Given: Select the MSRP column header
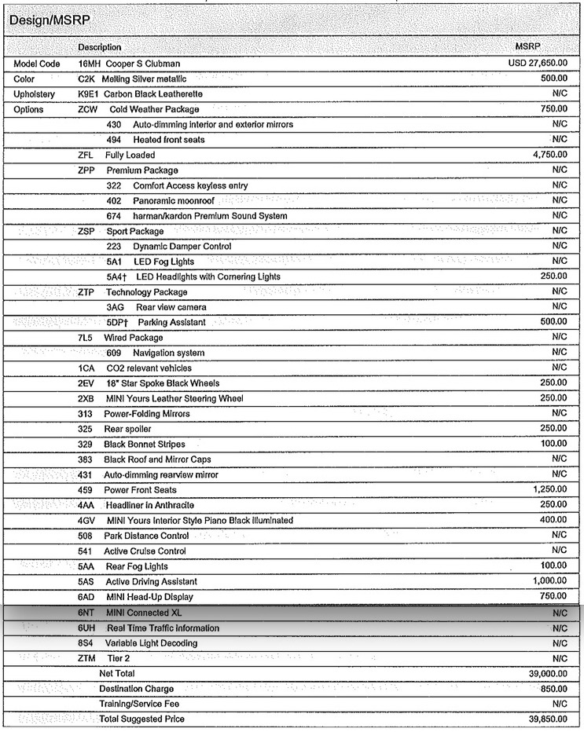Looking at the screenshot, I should point(527,47).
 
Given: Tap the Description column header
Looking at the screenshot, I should point(100,48).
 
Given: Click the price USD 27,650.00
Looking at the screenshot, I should point(538,63).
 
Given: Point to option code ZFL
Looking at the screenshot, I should point(86,155).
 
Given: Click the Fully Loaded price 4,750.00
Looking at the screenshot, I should point(549,155).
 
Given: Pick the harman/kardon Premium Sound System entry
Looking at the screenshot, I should point(210,216).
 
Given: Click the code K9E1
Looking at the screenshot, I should point(88,93).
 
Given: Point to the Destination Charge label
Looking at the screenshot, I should point(137,689).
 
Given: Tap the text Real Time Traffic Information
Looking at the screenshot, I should point(163,628).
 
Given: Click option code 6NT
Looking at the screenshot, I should point(86,613).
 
